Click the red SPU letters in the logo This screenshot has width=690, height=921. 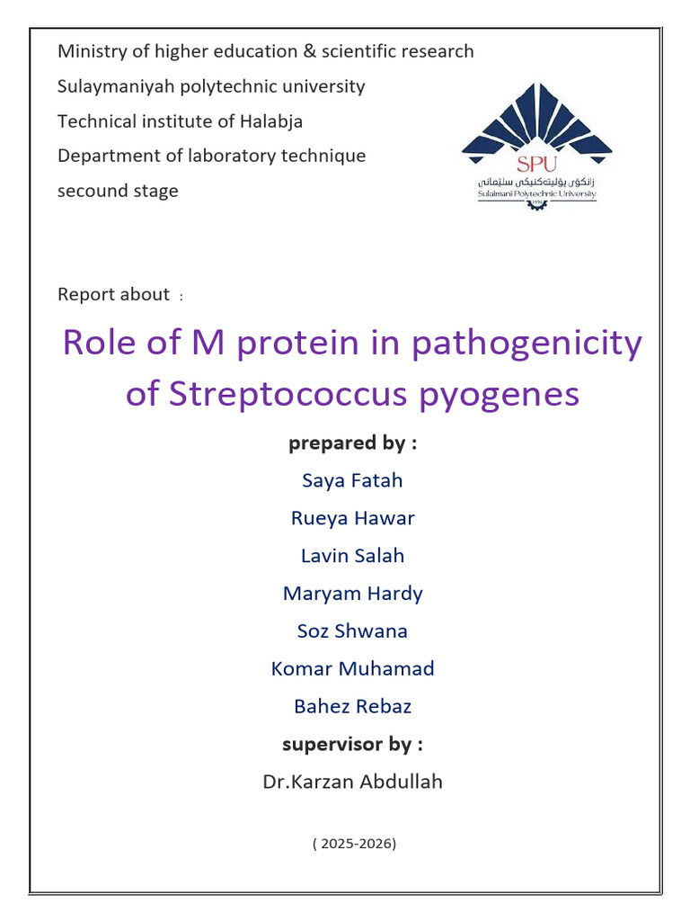(x=536, y=164)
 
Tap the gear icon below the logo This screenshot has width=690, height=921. (x=536, y=204)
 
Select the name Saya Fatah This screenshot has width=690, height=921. (x=352, y=481)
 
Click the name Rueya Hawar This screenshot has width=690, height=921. (x=352, y=519)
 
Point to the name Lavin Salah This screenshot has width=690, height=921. (x=352, y=556)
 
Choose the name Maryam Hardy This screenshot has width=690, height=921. (x=352, y=594)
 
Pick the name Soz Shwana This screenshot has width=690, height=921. (x=352, y=630)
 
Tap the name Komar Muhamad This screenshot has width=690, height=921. (x=352, y=668)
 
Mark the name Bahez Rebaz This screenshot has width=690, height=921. (x=352, y=706)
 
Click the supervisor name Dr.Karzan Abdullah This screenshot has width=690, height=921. (x=352, y=782)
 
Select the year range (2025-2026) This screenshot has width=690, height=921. (x=354, y=844)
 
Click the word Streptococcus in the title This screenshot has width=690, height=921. (x=288, y=394)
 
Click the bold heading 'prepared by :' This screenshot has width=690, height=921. (x=352, y=443)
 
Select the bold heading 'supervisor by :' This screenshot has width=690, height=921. (x=352, y=745)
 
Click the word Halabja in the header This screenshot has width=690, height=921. (x=271, y=121)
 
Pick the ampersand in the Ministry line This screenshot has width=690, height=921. (x=309, y=51)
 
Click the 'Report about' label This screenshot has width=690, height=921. (x=113, y=294)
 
